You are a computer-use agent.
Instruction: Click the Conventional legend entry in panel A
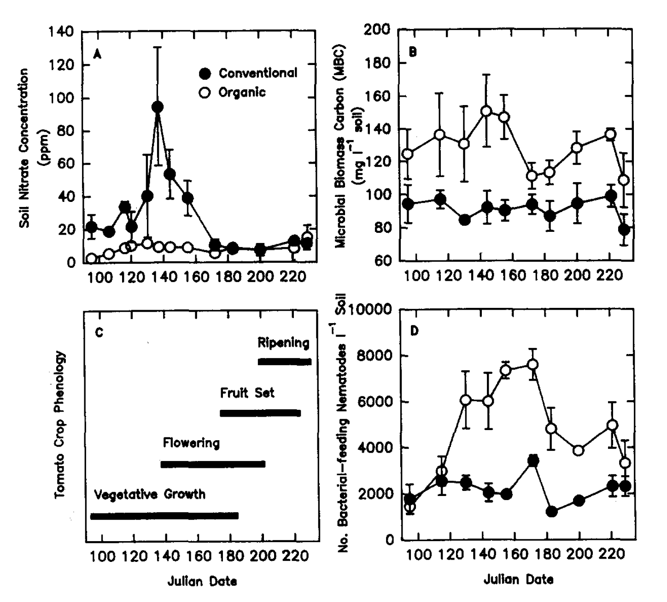pyautogui.click(x=249, y=73)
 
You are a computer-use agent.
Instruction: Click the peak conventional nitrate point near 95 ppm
pyautogui.click(x=158, y=107)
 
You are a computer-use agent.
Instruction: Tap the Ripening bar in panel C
pyautogui.click(x=285, y=362)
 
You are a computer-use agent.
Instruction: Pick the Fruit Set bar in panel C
pyautogui.click(x=260, y=413)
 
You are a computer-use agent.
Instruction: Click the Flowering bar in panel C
pyautogui.click(x=213, y=464)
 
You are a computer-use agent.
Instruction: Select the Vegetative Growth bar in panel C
pyautogui.click(x=164, y=516)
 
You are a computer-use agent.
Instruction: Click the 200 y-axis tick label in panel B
pyautogui.click(x=377, y=30)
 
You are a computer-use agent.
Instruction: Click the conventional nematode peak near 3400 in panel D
pyautogui.click(x=533, y=460)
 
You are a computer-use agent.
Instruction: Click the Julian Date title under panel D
pyautogui.click(x=518, y=580)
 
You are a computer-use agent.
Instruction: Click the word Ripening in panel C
pyautogui.click(x=283, y=343)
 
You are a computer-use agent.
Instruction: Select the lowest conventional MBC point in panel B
pyautogui.click(x=624, y=230)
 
